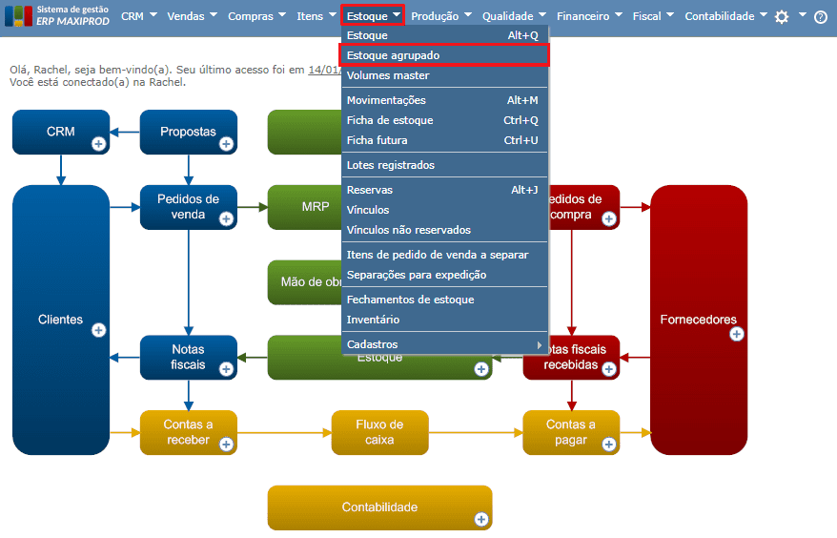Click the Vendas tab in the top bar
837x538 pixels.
(192, 16)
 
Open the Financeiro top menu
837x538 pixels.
(588, 16)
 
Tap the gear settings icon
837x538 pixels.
(782, 16)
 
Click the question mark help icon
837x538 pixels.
(821, 17)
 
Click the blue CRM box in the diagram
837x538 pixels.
(61, 132)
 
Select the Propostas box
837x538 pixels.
(188, 132)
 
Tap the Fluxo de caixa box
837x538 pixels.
(379, 432)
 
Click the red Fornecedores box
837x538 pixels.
(698, 320)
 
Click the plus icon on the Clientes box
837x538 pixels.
(98, 330)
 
